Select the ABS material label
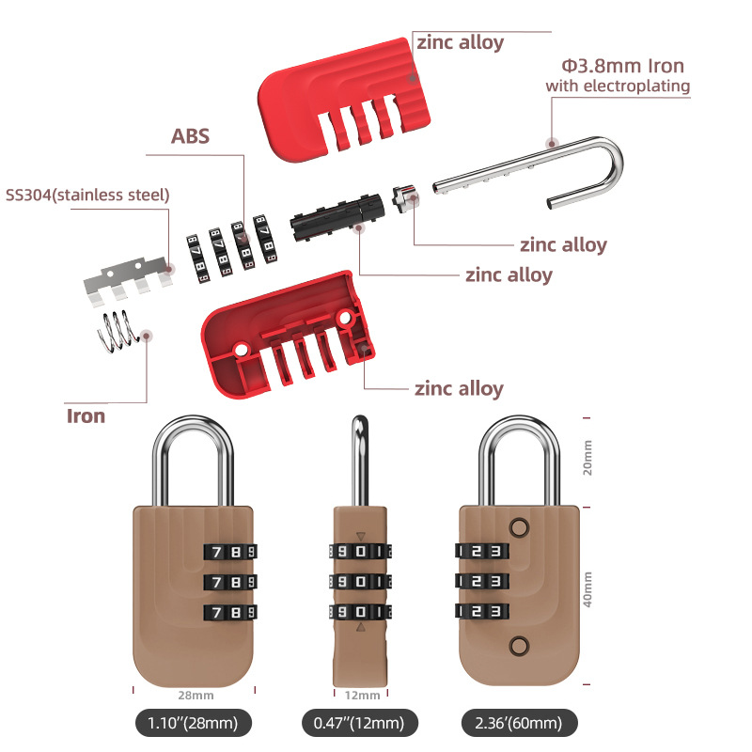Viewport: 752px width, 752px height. [x=190, y=136]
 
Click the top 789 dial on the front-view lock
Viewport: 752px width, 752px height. [x=230, y=552]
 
